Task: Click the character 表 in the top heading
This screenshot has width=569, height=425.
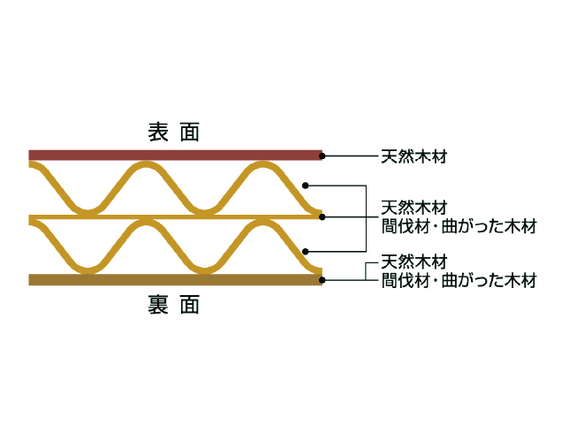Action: (x=158, y=132)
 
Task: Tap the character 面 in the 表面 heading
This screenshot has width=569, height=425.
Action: (x=190, y=132)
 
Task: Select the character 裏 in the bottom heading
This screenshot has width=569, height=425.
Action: (x=158, y=304)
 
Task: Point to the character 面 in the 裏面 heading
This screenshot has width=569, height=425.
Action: (x=190, y=304)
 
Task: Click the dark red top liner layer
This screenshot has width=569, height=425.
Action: (x=175, y=156)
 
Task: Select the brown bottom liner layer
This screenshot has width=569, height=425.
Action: (x=175, y=280)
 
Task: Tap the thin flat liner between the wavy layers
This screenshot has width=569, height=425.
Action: (x=175, y=217)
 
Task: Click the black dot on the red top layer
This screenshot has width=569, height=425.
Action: (x=322, y=156)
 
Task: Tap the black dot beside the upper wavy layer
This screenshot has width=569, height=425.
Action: (x=305, y=186)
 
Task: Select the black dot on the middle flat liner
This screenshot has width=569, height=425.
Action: (x=322, y=217)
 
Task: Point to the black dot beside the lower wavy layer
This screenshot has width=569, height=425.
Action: (x=305, y=251)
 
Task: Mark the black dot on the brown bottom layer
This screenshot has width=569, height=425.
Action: (x=322, y=280)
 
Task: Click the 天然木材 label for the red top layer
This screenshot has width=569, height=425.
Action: (x=414, y=156)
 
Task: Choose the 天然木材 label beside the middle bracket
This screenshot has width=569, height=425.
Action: (x=414, y=208)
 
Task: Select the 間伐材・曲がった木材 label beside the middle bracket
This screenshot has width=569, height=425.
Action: (x=459, y=226)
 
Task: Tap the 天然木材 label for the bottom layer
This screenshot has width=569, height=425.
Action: (x=414, y=262)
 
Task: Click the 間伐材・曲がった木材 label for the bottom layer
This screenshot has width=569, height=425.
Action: (x=459, y=281)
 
